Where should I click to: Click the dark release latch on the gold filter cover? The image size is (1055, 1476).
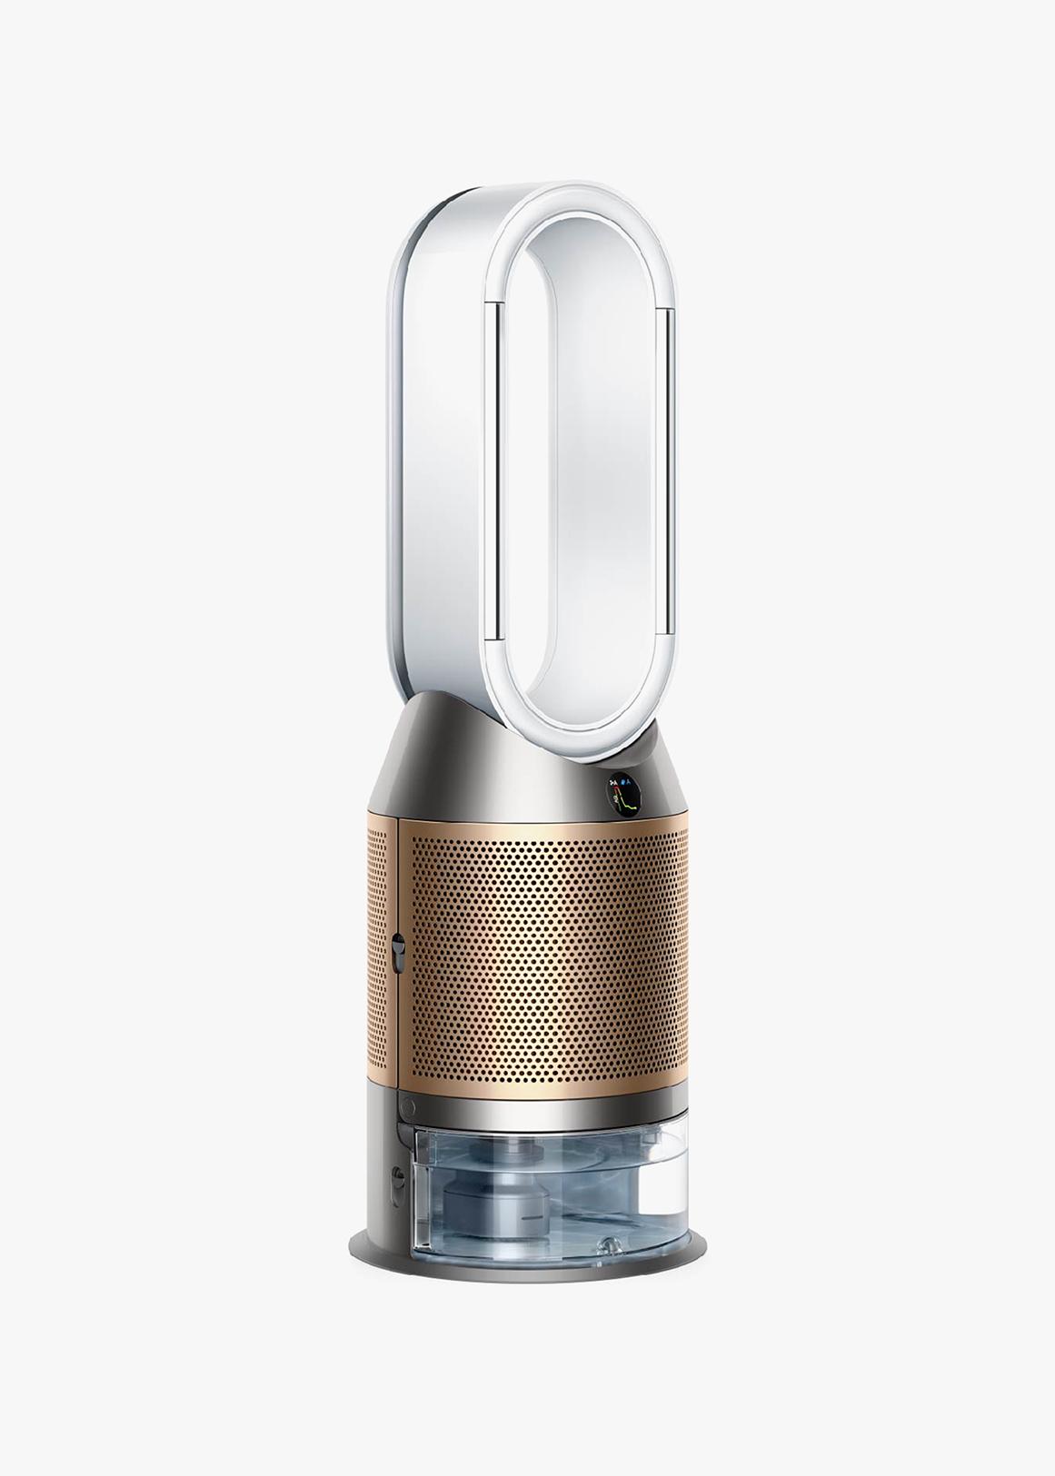[x=396, y=954]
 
